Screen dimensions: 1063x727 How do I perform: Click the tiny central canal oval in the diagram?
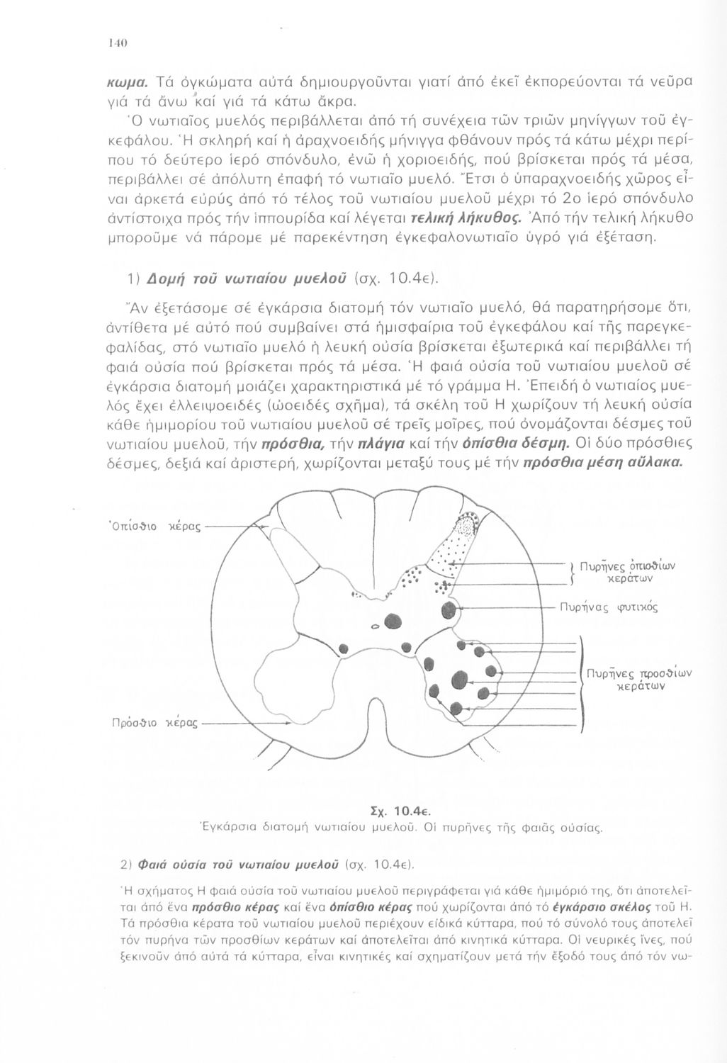click(x=375, y=626)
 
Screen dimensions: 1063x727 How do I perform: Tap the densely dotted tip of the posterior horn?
click(x=466, y=525)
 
